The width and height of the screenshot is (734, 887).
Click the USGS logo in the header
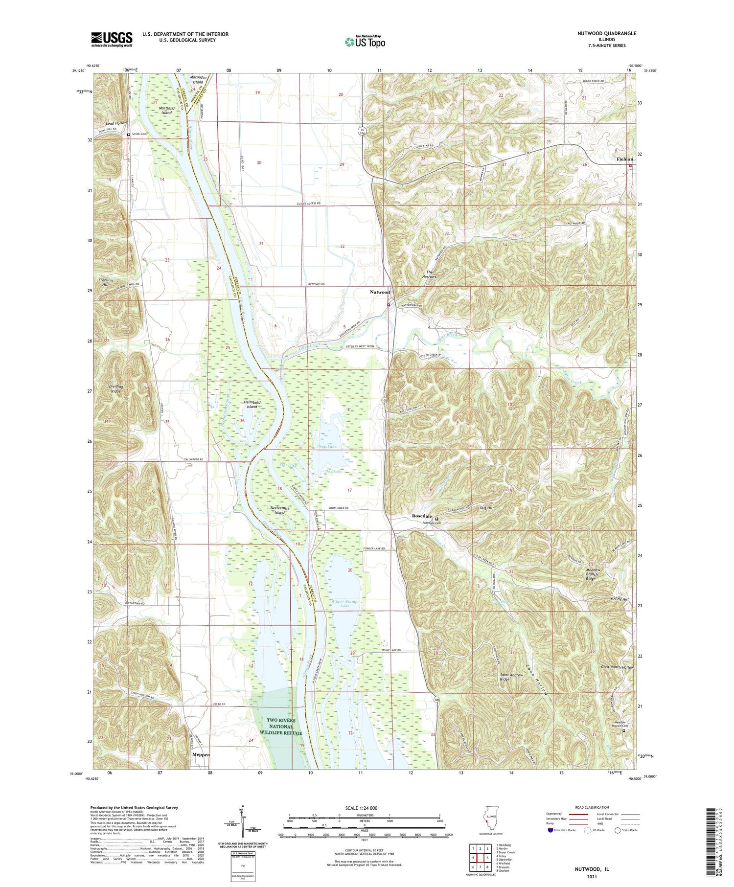point(112,39)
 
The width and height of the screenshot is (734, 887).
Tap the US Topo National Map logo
point(365,42)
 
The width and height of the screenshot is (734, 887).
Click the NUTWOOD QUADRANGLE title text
point(606,33)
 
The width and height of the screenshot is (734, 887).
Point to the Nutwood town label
point(380,292)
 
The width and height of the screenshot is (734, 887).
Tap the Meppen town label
point(201,754)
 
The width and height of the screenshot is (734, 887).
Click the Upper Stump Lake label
point(345,604)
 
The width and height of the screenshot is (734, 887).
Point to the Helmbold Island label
point(252,404)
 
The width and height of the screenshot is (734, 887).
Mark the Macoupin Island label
point(198,79)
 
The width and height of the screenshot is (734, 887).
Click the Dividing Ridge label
point(116,389)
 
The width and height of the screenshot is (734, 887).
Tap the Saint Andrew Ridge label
point(511,677)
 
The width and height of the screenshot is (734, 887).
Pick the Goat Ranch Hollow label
point(617,667)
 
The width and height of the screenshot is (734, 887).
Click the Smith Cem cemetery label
point(139,134)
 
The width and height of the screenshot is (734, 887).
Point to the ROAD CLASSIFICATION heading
point(592,807)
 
